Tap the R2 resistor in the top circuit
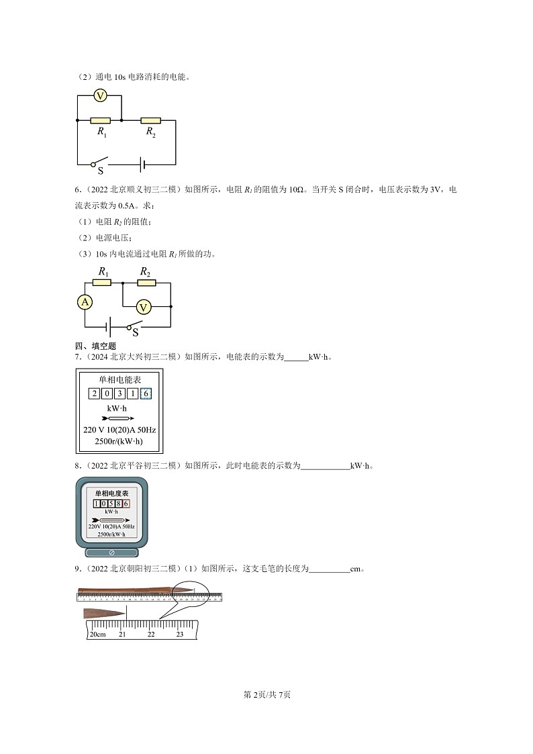[x=150, y=120]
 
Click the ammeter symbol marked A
[x=85, y=302]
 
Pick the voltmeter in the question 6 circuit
[x=143, y=307]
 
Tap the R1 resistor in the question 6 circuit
[x=102, y=283]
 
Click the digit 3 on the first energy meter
[x=119, y=393]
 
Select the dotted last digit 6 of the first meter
[x=146, y=393]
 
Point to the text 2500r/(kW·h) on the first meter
[x=119, y=440]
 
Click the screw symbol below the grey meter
[x=111, y=553]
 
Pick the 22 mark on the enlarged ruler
[x=151, y=634]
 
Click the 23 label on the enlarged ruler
[x=179, y=634]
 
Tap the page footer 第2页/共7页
[x=266, y=694]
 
